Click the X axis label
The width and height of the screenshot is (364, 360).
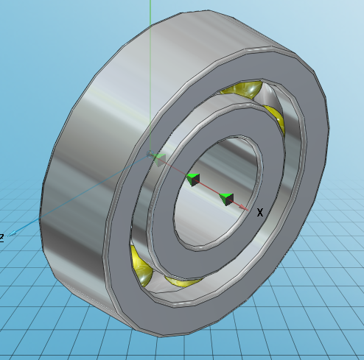259,213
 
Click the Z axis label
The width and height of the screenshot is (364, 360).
2,237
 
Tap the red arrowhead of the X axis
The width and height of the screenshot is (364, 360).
248,208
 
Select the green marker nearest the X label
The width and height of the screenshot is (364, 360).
227,199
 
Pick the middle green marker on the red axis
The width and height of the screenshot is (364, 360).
193,179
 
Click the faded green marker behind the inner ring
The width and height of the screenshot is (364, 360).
156,156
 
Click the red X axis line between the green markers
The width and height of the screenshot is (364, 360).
210,188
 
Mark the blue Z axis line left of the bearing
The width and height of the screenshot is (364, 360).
29,225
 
